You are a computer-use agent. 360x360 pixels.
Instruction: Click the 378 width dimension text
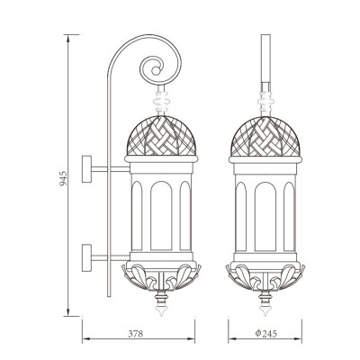(x=136, y=334)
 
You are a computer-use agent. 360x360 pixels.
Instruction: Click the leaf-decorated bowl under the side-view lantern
(x=161, y=275)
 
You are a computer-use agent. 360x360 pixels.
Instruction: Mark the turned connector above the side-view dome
(x=162, y=94)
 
